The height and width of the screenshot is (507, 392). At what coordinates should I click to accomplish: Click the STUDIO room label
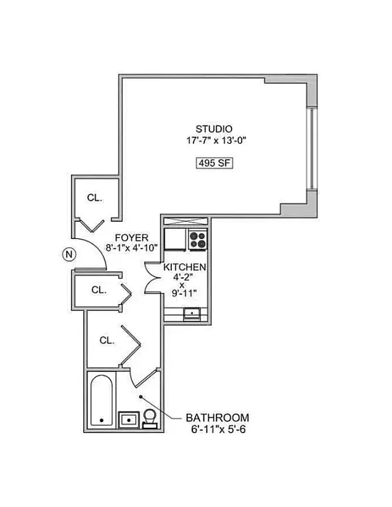(x=213, y=129)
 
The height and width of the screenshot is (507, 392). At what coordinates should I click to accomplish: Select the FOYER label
(x=132, y=237)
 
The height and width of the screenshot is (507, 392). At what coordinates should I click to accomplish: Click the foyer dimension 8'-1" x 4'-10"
(x=131, y=248)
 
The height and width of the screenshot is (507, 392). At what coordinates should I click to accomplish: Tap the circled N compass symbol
(x=69, y=255)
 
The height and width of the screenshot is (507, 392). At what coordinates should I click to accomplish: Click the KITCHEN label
(x=185, y=267)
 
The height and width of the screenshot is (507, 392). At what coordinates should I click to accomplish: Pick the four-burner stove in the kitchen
(x=197, y=240)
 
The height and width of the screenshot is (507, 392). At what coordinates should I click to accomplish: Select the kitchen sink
(x=191, y=313)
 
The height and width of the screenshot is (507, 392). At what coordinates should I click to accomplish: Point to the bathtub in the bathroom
(x=101, y=401)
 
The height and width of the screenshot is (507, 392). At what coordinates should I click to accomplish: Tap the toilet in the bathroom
(x=150, y=418)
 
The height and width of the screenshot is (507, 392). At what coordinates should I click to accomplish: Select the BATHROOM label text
(x=217, y=418)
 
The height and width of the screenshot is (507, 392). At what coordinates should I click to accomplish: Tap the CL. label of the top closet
(x=95, y=198)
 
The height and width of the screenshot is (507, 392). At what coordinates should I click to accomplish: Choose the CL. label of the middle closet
(x=98, y=290)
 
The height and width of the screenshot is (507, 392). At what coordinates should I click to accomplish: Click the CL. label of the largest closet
(x=107, y=340)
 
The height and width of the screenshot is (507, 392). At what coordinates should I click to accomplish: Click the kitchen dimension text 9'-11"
(x=185, y=292)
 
